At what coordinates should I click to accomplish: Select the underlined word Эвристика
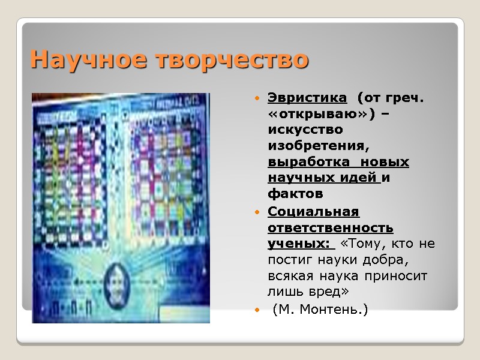tap(307, 97)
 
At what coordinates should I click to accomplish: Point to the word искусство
tap(305, 130)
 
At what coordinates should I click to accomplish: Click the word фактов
tap(295, 194)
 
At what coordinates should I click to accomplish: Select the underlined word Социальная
tap(313, 211)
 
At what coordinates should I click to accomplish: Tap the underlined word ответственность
tap(331, 227)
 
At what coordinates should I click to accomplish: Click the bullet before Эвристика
tap(257, 97)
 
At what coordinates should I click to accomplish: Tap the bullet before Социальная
tap(257, 212)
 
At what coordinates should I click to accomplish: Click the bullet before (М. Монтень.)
tap(257, 310)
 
